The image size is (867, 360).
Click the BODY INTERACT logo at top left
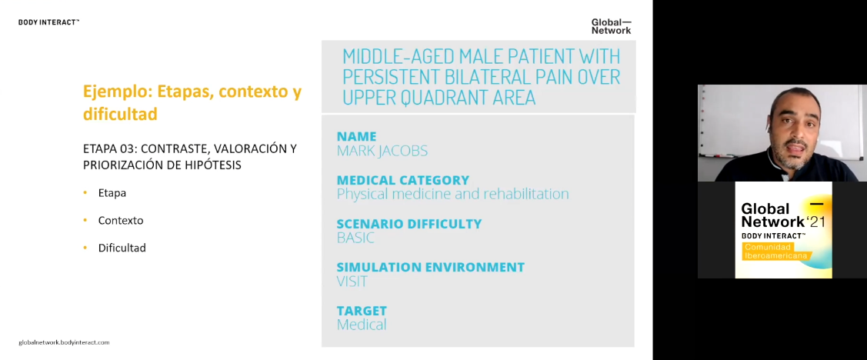[48, 22]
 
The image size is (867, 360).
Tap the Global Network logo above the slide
[611, 27]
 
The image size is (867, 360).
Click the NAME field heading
[357, 137]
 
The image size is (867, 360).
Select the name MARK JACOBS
[382, 151]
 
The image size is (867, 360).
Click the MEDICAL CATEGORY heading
[403, 180]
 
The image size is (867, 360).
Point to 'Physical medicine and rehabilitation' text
[453, 194]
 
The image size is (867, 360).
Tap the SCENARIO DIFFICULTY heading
[409, 224]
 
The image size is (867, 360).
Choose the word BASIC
[355, 238]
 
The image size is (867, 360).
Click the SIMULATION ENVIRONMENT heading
[431, 267]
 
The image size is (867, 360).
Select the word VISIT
[352, 282]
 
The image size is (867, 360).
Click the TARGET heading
[362, 311]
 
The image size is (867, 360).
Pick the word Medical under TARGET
[362, 325]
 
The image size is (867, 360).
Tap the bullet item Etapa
[112, 193]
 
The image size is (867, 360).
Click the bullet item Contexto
[121, 220]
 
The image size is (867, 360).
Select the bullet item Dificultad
[122, 248]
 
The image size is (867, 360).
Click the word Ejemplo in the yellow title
[118, 92]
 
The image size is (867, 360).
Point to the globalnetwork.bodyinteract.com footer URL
[64, 342]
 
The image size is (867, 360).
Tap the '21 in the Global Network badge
[815, 222]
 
